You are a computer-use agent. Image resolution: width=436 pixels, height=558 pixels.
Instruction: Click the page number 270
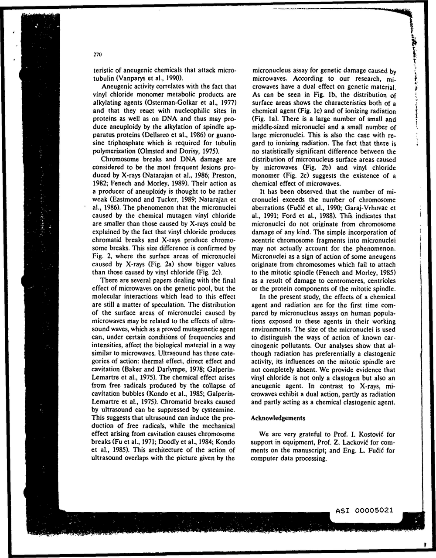[x=97, y=55]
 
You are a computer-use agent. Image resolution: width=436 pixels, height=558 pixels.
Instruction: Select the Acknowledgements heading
[x=278, y=418]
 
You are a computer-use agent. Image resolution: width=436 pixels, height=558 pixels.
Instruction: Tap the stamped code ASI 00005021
[x=364, y=510]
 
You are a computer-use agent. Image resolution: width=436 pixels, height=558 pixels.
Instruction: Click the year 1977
[x=229, y=103]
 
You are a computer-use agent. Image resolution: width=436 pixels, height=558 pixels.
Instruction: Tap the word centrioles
[x=380, y=281]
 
